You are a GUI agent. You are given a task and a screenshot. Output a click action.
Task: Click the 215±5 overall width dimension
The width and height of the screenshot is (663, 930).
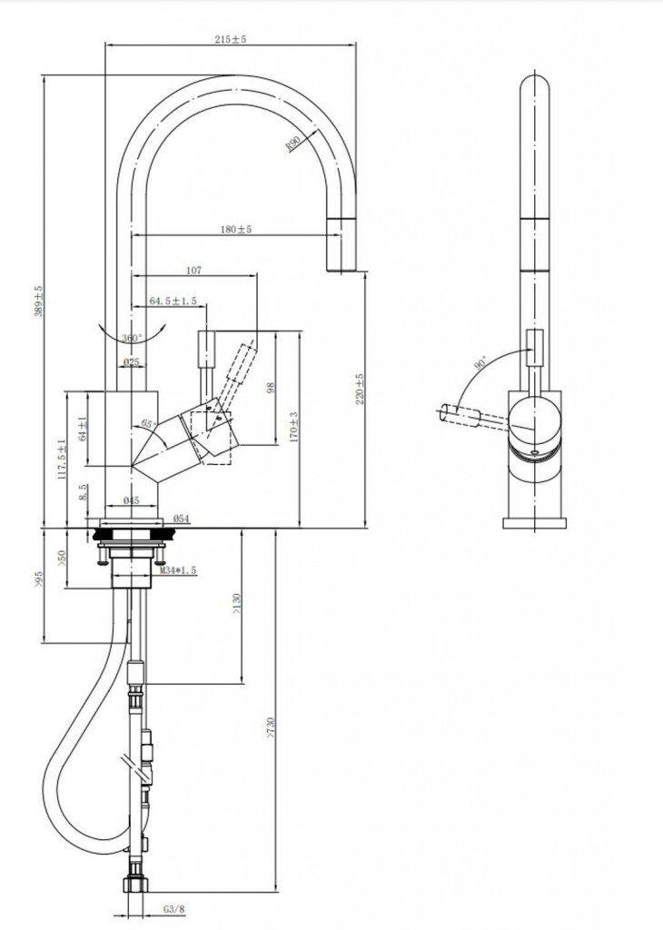coord(231,39)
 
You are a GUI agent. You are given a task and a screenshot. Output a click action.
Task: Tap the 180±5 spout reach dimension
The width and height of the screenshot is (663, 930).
coord(236,229)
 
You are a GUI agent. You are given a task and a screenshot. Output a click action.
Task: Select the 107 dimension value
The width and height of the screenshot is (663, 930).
coord(193,270)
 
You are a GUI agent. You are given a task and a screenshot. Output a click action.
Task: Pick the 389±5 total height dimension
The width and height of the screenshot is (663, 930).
coord(38,302)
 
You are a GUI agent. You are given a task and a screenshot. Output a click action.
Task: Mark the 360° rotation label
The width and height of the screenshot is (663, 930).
coord(133,338)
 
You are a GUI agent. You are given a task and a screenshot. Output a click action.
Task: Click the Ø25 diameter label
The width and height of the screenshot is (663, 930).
coord(132,362)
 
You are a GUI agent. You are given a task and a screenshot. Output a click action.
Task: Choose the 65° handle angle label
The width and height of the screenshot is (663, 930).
coord(149,424)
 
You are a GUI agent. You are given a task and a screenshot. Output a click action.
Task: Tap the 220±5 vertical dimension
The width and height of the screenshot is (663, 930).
coord(360,388)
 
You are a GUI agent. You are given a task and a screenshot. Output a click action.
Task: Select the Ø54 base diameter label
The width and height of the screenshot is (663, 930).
coord(181,519)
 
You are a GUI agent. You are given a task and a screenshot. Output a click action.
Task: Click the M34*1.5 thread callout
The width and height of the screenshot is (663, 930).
coord(179,570)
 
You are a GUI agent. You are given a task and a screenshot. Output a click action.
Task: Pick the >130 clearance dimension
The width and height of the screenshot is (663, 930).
coord(236,605)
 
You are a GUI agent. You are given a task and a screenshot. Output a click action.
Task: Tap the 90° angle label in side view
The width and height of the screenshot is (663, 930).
coord(480,361)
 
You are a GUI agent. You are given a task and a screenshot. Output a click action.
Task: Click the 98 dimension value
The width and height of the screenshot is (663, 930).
coord(270,388)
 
